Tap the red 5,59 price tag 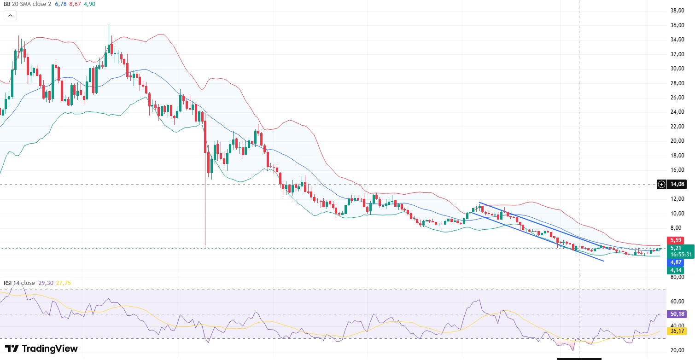point(676,240)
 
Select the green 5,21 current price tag point(676,248)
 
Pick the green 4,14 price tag point(676,270)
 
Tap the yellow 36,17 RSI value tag point(676,331)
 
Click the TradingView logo point(41,348)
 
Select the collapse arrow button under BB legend point(10,15)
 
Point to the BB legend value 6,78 point(60,4)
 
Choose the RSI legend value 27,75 point(64,283)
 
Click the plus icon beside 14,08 point(662,185)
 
